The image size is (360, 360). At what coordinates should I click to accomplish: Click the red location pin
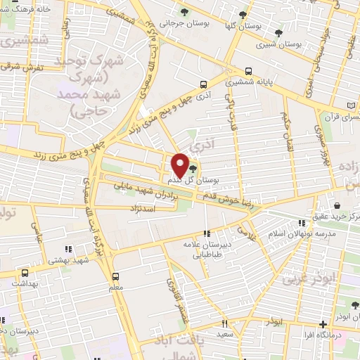click(x=180, y=166)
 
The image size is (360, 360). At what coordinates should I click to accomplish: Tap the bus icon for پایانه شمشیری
click(x=250, y=72)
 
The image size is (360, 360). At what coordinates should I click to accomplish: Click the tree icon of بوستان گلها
click(x=243, y=15)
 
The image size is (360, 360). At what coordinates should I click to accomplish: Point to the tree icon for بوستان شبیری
click(x=279, y=33)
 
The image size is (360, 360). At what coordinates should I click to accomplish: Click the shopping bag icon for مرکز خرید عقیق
click(x=338, y=205)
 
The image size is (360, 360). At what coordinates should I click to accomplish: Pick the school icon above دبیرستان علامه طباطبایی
click(x=207, y=233)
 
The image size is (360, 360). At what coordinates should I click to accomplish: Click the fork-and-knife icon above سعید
click(x=225, y=323)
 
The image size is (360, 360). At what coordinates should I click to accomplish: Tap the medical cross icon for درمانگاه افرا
click(x=323, y=324)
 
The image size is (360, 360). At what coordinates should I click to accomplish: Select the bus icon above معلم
click(x=116, y=276)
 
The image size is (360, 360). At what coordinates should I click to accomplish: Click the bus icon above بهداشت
click(x=26, y=273)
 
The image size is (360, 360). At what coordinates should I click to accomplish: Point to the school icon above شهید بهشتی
click(x=68, y=249)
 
